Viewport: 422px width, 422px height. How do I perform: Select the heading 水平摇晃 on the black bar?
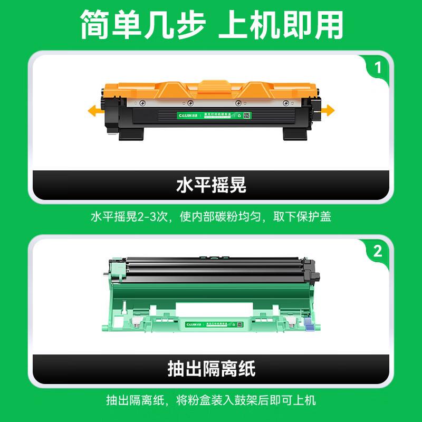(211, 185)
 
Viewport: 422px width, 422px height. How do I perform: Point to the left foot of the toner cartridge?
(131, 134)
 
